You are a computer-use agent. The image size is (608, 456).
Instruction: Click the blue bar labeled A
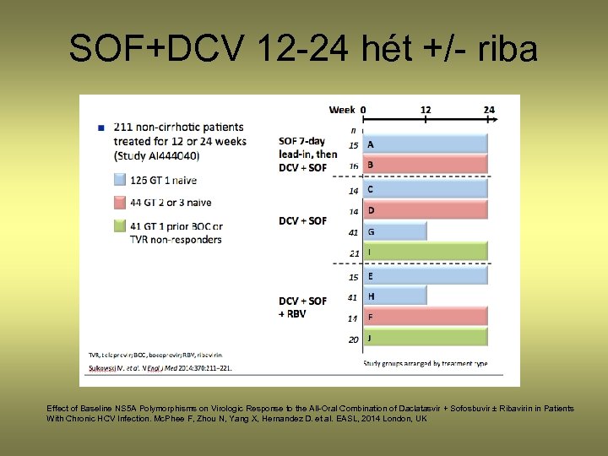point(426,144)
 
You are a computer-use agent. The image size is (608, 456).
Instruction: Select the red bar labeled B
point(426,165)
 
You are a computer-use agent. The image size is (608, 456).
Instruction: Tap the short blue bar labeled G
point(394,231)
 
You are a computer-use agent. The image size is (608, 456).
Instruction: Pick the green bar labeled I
point(426,252)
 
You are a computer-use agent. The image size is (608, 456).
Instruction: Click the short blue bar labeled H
point(394,296)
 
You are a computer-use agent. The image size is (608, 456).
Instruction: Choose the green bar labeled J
point(426,339)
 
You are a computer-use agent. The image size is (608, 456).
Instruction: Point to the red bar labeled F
point(426,318)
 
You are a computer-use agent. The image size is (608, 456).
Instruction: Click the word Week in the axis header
point(341,110)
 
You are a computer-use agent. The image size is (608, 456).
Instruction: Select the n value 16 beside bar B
point(353,166)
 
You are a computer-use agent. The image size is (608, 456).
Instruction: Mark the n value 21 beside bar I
point(353,253)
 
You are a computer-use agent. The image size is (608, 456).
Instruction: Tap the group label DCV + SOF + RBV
point(302,307)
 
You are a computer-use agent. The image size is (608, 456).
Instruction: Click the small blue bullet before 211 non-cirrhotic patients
point(101,128)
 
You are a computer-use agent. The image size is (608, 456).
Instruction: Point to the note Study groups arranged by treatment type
point(425,363)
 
